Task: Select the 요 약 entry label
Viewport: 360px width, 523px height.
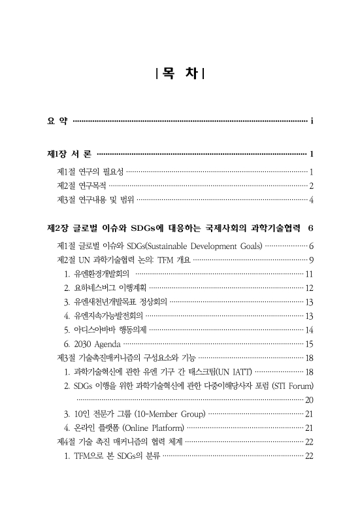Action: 56,121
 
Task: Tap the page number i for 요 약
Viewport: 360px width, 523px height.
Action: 313,121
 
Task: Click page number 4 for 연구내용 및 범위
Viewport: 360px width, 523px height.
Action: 312,199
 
